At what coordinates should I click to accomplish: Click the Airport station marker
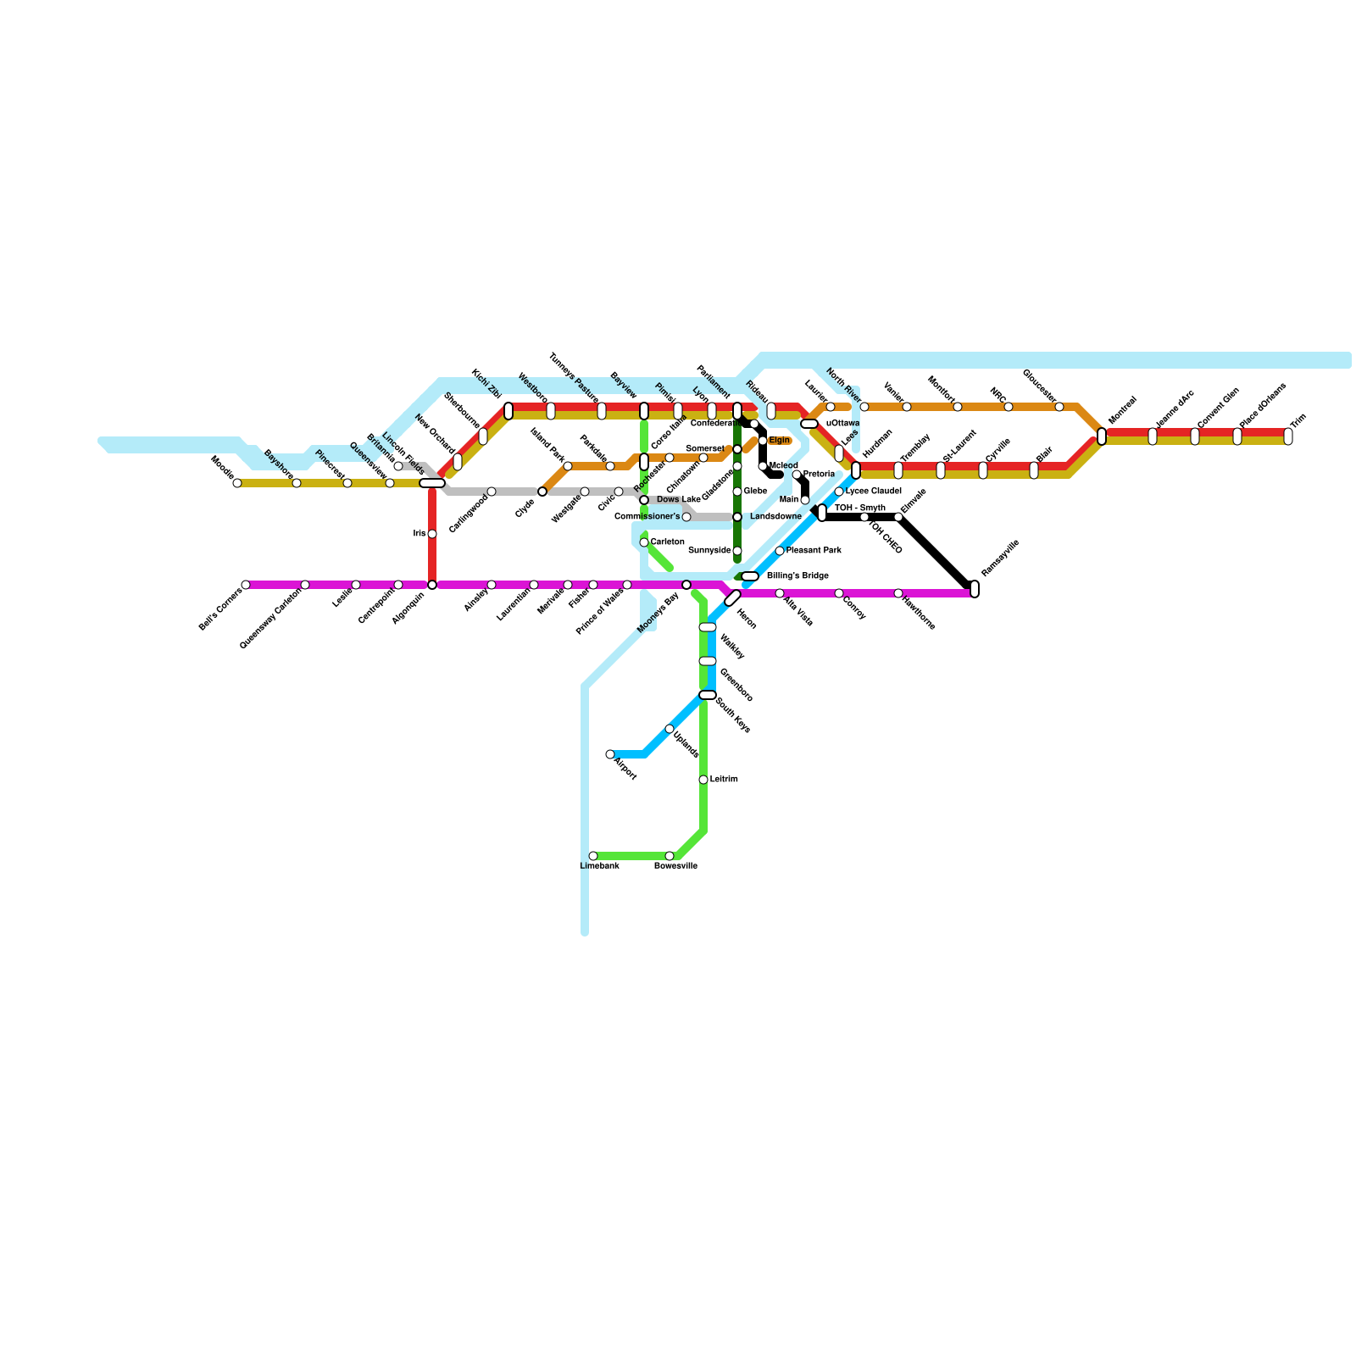(x=610, y=754)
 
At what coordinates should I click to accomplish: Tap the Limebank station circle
(x=593, y=856)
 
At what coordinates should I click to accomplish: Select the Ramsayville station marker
(x=975, y=589)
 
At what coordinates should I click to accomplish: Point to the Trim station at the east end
(x=1288, y=436)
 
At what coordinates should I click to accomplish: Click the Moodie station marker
(x=237, y=483)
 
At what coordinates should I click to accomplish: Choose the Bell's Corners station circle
(x=246, y=585)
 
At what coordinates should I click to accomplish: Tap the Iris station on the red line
(x=432, y=534)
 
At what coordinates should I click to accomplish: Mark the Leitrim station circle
(x=703, y=780)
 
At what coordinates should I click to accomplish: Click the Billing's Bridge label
(x=797, y=576)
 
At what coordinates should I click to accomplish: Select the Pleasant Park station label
(x=814, y=551)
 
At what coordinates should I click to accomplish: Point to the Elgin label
(x=780, y=441)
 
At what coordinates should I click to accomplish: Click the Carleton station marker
(x=644, y=542)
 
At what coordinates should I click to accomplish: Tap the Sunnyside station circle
(x=737, y=551)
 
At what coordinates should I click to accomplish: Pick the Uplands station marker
(x=670, y=729)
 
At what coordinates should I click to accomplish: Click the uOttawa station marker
(x=809, y=424)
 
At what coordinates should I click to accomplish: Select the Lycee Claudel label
(x=873, y=492)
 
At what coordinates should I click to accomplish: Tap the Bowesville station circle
(x=670, y=856)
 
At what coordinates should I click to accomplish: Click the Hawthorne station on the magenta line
(x=898, y=593)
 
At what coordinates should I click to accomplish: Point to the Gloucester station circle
(x=1059, y=407)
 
